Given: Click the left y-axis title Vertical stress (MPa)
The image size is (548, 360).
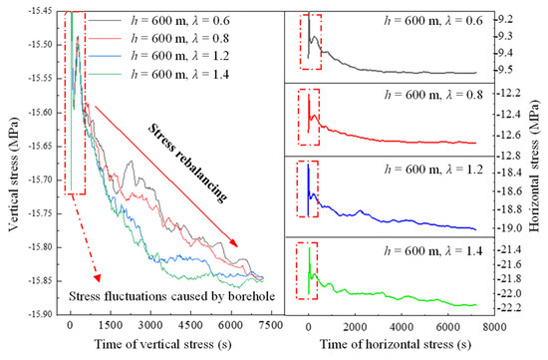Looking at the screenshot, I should (11, 160).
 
